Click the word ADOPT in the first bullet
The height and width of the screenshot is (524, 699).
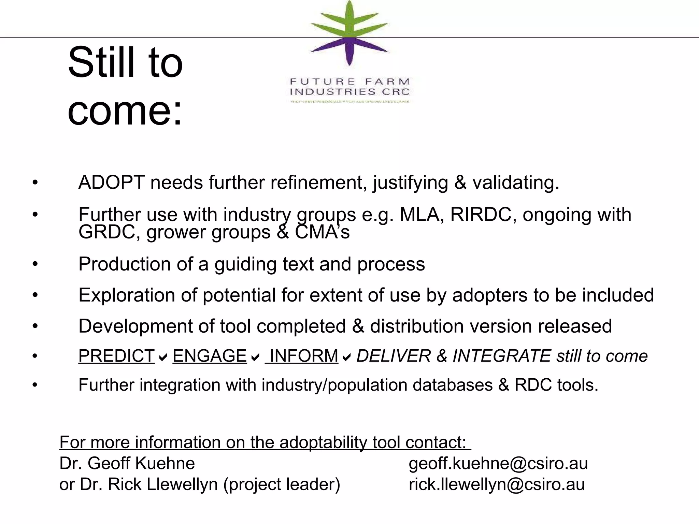click(112, 183)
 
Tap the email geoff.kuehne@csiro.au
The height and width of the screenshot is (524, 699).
click(498, 464)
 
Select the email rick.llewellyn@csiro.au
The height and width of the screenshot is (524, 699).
click(497, 484)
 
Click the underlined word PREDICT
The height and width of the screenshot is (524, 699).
click(117, 356)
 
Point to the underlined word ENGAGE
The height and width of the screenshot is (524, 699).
click(210, 356)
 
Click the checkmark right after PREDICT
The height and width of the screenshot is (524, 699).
click(163, 358)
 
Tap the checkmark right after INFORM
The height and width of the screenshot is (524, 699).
click(347, 358)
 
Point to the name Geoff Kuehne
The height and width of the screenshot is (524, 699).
click(141, 464)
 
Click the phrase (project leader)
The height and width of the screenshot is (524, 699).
click(282, 484)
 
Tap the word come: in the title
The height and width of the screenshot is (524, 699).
click(125, 111)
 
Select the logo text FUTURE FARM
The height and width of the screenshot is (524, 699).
click(349, 82)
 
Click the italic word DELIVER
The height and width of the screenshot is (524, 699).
click(394, 356)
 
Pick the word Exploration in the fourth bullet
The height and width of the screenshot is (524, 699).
click(126, 295)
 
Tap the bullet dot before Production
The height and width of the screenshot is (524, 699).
click(35, 264)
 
